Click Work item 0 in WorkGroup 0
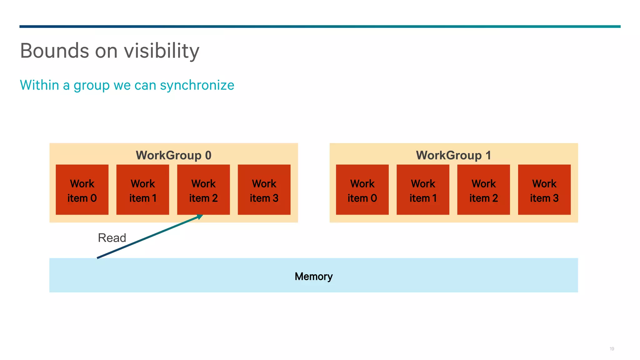tap(82, 190)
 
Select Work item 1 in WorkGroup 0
tap(142, 190)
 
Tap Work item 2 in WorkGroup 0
tap(203, 190)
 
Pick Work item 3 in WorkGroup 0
tap(264, 190)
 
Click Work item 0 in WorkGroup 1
tap(362, 190)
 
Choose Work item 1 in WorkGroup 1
tap(423, 190)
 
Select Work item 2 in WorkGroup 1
tap(483, 190)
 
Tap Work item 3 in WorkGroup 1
tap(544, 190)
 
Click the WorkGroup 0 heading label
tap(173, 155)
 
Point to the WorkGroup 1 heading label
tap(453, 155)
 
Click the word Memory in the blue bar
tap(313, 276)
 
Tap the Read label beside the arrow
tap(112, 238)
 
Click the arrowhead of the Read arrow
tap(200, 216)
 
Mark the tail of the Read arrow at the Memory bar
tap(98, 257)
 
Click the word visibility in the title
tap(162, 51)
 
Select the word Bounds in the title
tap(55, 51)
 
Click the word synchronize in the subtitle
tap(197, 85)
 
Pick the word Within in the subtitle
tap(39, 85)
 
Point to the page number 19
tap(612, 349)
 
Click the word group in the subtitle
tap(91, 86)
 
